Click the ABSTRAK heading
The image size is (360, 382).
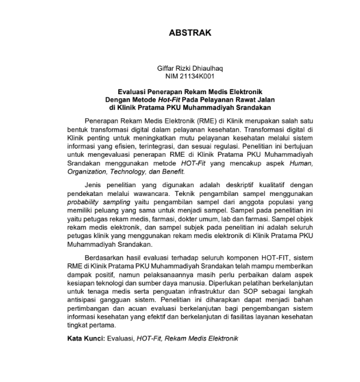coord(190,33)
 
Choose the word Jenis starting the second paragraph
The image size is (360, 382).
coord(94,184)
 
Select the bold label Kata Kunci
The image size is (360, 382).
coord(85,339)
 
